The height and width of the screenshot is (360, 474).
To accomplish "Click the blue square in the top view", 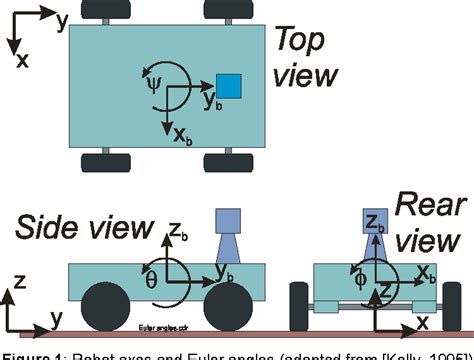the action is [x=229, y=86].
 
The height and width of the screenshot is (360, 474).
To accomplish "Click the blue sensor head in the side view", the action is [x=229, y=220].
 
